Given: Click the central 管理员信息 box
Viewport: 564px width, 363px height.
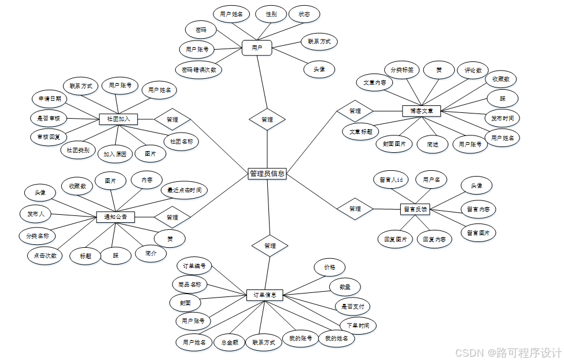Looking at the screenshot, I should point(267,173).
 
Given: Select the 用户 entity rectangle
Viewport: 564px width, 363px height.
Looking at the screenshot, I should point(257,48).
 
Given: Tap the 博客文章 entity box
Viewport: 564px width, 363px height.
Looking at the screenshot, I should point(422,111).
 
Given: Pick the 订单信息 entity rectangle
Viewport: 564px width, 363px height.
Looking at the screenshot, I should point(264,295).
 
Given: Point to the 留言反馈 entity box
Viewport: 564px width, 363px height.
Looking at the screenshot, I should point(414,209).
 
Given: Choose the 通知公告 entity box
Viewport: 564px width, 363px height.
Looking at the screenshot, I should point(115,217).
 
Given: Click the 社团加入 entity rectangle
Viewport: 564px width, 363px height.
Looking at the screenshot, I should point(118,119).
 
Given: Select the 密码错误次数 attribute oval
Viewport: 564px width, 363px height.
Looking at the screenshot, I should point(199,69).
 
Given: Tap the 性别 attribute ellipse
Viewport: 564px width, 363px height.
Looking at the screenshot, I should point(271,14).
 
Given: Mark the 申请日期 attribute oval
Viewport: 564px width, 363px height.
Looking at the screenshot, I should point(50,99).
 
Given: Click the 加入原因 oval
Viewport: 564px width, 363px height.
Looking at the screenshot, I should point(115,154).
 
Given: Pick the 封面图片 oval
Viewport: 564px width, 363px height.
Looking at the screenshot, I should point(394,144).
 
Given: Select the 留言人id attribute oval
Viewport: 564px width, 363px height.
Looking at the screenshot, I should point(390,179).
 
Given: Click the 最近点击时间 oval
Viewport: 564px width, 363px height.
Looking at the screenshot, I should point(184,189).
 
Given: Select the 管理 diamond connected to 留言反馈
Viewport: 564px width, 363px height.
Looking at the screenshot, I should point(355,208).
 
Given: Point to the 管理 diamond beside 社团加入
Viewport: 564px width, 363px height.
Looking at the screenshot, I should point(172,120).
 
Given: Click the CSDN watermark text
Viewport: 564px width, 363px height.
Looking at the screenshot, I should point(508,353).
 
